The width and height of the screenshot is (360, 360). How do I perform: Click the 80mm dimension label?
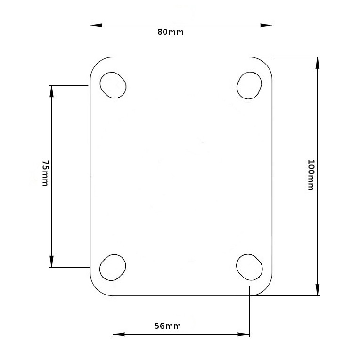click(171, 32)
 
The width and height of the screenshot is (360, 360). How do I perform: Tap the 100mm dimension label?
click(311, 175)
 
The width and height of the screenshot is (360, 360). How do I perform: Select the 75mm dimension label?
click(45, 173)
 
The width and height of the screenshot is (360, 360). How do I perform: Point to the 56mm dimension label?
click(168, 326)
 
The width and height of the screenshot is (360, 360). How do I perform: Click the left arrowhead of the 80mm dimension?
click(96, 25)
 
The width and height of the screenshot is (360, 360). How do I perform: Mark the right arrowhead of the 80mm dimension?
click(266, 25)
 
